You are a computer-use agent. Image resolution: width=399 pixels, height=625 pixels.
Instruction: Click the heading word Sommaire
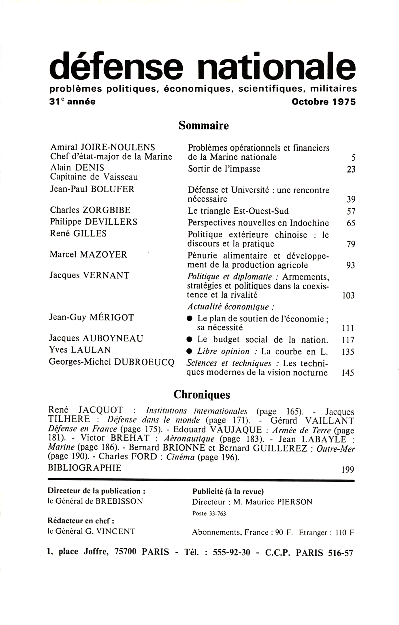[204, 126]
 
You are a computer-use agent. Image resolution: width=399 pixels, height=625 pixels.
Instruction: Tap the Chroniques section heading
[202, 395]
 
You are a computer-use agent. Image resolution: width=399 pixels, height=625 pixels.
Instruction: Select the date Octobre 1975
[324, 102]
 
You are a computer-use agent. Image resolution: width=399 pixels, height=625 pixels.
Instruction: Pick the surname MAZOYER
[104, 254]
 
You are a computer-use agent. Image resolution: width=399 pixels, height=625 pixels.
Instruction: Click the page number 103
[348, 296]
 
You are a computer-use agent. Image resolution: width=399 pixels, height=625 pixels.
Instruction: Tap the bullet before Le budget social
[190, 339]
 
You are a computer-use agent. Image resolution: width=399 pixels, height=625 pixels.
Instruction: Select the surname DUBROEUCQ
[144, 362]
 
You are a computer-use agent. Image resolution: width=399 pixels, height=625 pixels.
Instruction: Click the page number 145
[348, 373]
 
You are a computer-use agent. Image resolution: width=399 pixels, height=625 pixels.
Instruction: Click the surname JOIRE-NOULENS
[118, 147]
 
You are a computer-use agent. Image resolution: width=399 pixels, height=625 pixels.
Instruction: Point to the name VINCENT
[115, 531]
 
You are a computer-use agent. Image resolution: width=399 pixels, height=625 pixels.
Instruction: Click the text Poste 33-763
[209, 514]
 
